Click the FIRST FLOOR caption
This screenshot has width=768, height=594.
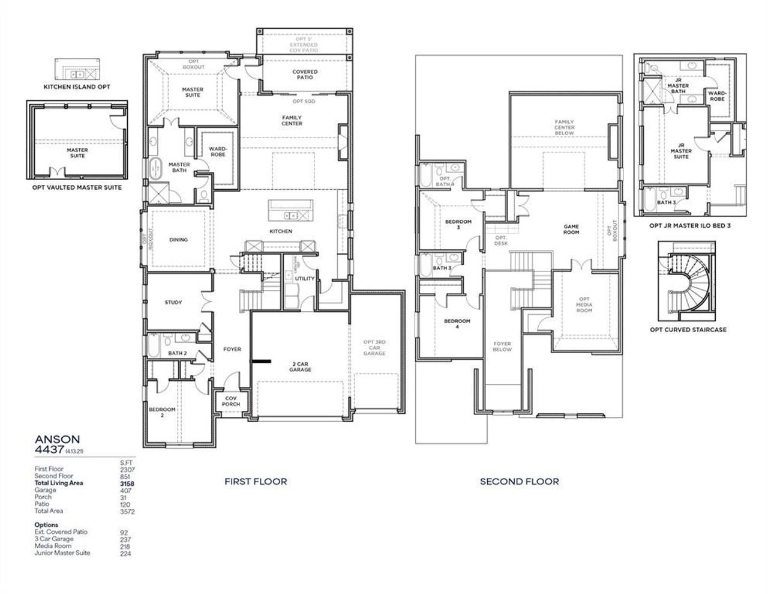256,481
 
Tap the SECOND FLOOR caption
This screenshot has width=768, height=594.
519,481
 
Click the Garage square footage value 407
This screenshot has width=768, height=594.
125,490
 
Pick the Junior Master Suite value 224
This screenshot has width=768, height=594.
125,553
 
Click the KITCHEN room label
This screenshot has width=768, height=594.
281,231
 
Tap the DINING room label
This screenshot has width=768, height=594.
178,240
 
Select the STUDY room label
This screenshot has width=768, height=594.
173,303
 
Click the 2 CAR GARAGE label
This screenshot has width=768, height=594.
301,366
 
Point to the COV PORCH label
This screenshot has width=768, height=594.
232,401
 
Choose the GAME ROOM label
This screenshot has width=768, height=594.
571,229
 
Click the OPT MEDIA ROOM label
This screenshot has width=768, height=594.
584,305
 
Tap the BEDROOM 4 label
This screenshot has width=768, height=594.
457,324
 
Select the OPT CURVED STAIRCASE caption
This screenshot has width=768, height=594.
688,330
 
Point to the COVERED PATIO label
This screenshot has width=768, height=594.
305,74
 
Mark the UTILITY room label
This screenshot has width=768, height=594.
305,279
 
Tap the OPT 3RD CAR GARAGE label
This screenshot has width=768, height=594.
374,348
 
